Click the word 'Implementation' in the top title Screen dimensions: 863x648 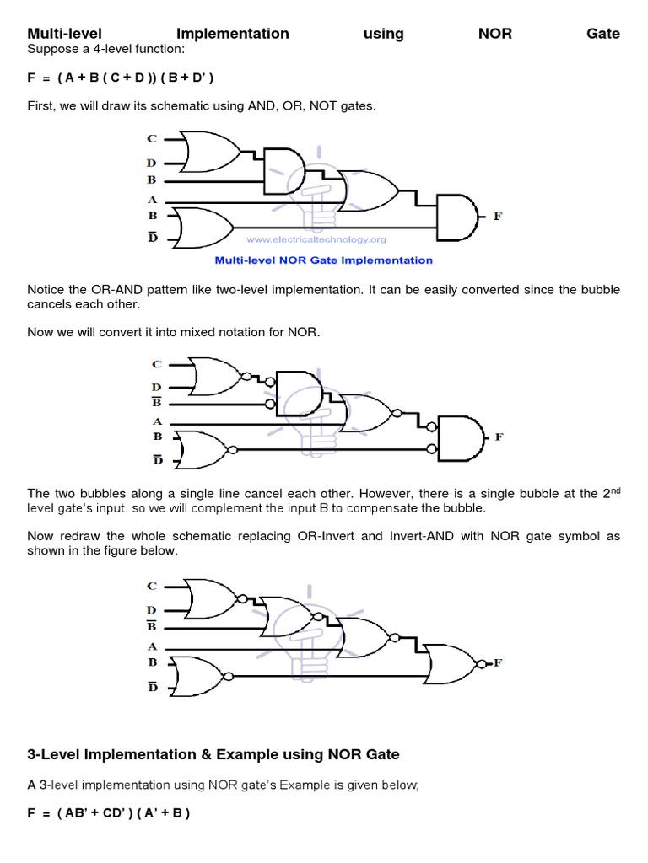tap(233, 34)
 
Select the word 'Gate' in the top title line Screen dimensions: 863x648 tap(602, 34)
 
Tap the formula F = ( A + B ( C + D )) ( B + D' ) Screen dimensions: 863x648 tap(121, 78)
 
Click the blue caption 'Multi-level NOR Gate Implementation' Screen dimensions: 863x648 tap(324, 260)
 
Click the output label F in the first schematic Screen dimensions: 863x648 tap(497, 216)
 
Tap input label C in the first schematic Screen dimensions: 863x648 tap(152, 138)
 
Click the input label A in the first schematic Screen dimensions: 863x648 tap(153, 200)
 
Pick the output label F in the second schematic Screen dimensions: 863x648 tap(499, 437)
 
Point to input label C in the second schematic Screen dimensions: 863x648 tap(156, 364)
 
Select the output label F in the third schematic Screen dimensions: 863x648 tap(498, 662)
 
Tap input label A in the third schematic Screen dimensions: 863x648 tap(153, 646)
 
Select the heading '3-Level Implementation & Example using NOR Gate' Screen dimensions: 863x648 tap(213, 753)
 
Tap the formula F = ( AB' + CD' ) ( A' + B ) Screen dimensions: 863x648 tap(109, 814)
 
